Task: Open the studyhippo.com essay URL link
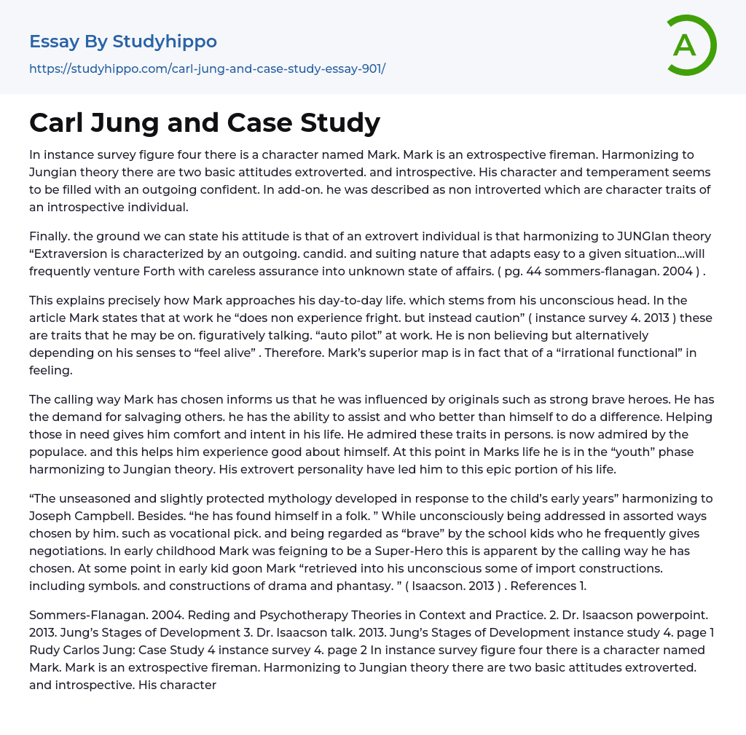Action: point(207,68)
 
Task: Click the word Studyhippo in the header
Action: point(165,42)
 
